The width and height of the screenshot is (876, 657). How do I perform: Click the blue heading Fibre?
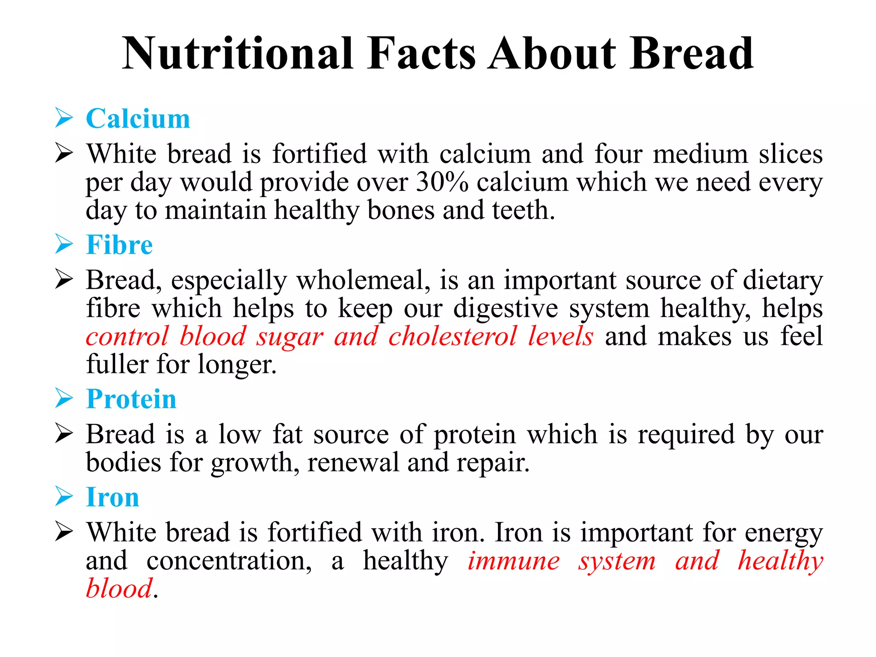point(119,245)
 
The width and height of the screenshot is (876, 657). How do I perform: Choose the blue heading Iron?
point(112,497)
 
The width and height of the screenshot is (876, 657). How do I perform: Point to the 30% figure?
point(442,182)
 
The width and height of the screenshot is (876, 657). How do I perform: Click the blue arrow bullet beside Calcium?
point(64,118)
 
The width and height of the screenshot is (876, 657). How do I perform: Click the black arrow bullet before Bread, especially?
point(64,281)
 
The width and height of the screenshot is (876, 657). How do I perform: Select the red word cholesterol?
point(453,336)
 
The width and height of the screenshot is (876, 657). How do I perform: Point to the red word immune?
point(513,561)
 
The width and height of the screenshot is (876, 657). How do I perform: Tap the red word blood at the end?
point(119,589)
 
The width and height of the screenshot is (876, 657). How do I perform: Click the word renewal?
point(353,463)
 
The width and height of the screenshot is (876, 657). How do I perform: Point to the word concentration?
point(229,561)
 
